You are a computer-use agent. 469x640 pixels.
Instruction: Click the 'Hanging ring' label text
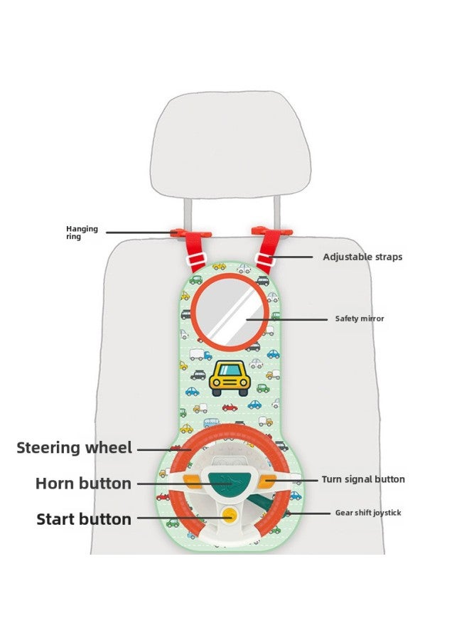pos(82,233)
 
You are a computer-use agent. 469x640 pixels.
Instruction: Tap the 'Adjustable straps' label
pos(362,257)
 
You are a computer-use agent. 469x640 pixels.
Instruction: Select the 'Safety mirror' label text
pos(360,319)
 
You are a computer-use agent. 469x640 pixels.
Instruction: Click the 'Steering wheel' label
pos(75,448)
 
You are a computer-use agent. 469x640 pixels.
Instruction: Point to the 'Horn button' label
pos(83,484)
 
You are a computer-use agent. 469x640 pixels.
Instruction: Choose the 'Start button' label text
pos(84,519)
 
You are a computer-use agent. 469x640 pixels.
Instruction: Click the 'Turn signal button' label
pos(363,479)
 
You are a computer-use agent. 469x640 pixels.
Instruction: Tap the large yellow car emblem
pos(230,378)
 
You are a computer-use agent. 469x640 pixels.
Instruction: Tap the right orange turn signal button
pos(266,482)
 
